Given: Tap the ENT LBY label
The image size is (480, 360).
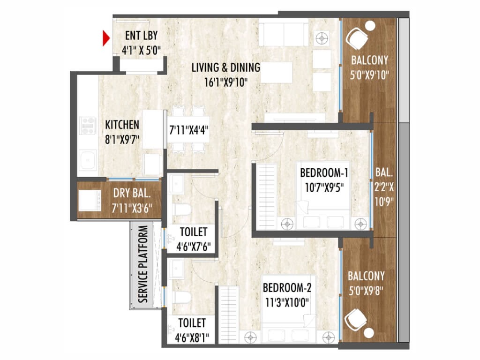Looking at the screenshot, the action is pyautogui.click(x=142, y=36).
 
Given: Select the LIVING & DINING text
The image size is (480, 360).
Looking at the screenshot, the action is pyautogui.click(x=226, y=67).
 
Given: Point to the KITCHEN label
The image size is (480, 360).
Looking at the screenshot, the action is pyautogui.click(x=122, y=125).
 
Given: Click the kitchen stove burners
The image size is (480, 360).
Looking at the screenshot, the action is pyautogui.click(x=88, y=126).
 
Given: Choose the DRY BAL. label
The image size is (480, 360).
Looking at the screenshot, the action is pyautogui.click(x=132, y=193).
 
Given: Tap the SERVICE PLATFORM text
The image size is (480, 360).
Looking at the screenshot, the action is pyautogui.click(x=143, y=264).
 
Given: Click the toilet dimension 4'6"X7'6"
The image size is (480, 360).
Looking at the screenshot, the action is pyautogui.click(x=194, y=247).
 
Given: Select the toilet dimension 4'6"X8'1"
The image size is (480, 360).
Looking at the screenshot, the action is pyautogui.click(x=192, y=338).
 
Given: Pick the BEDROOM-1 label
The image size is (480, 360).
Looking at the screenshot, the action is pyautogui.click(x=324, y=173).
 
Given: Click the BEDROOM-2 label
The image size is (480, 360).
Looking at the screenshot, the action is pyautogui.click(x=287, y=288).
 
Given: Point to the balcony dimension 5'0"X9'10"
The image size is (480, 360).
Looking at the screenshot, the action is pyautogui.click(x=369, y=75).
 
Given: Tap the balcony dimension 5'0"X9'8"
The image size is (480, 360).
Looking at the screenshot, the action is pyautogui.click(x=366, y=291).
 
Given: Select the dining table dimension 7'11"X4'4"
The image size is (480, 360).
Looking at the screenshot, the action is pyautogui.click(x=189, y=130).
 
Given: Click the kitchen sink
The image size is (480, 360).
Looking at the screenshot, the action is pyautogui.click(x=88, y=159).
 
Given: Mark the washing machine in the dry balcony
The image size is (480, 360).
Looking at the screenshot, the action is pyautogui.click(x=90, y=201).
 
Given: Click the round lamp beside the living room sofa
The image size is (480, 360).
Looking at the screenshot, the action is pyautogui.click(x=322, y=38).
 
